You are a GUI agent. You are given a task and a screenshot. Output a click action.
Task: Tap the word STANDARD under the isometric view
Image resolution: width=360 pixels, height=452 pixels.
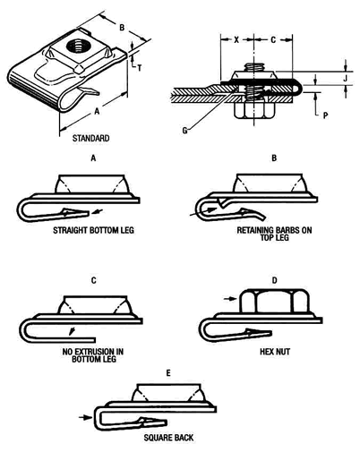tap(91, 139)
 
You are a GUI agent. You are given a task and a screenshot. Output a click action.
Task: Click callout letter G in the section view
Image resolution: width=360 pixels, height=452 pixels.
tap(183, 132)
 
